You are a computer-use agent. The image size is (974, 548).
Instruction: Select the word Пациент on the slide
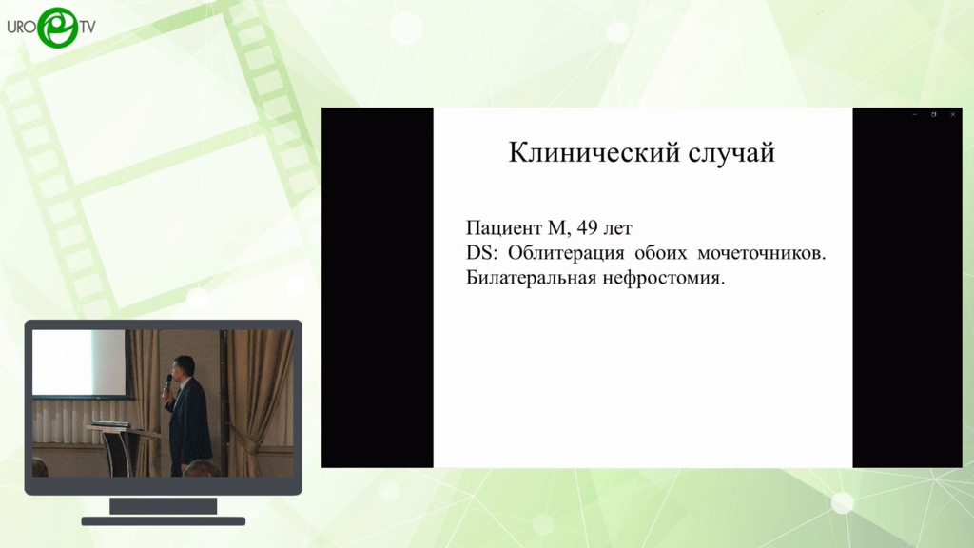tap(504, 228)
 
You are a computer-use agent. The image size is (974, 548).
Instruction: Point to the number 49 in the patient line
tap(587, 228)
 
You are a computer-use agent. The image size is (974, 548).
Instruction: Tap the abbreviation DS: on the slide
tap(482, 253)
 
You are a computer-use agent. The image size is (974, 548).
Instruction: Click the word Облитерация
tap(566, 253)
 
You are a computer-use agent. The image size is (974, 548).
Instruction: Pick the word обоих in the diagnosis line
tap(661, 253)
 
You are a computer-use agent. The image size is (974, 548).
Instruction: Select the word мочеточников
tap(762, 253)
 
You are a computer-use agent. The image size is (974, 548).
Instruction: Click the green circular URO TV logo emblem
tap(57, 28)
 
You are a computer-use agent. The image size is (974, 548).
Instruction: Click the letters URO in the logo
tap(22, 28)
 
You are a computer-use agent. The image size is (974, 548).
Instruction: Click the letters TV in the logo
tap(88, 28)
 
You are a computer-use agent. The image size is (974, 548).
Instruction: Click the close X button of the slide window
tap(952, 115)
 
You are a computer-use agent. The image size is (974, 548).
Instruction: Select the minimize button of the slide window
tap(914, 115)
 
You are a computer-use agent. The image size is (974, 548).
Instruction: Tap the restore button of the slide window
tap(934, 115)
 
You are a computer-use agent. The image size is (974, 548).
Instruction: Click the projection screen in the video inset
tap(79, 362)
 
